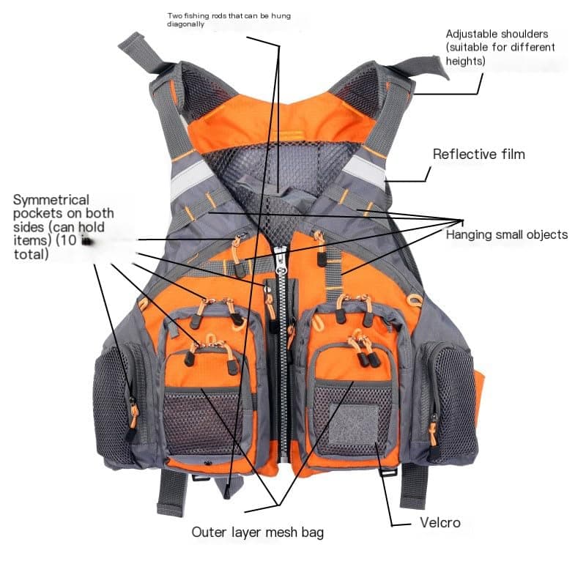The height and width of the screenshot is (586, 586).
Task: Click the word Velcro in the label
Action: click(x=440, y=523)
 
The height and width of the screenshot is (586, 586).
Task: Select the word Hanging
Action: click(x=470, y=235)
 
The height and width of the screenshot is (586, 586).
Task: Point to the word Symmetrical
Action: click(x=51, y=200)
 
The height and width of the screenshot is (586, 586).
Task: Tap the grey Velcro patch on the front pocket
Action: click(x=353, y=425)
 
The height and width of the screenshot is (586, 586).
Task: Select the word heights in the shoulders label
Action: click(x=464, y=62)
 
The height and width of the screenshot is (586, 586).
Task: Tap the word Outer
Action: click(x=208, y=533)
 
